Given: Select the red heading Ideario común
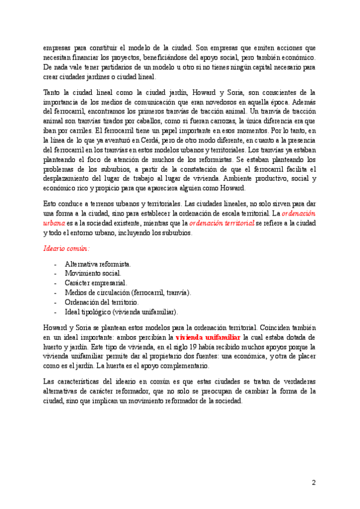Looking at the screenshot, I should point(66,248).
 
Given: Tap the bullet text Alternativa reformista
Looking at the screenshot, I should point(98,264).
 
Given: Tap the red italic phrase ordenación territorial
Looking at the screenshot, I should point(221,222).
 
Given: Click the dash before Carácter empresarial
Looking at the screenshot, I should point(55,283).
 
